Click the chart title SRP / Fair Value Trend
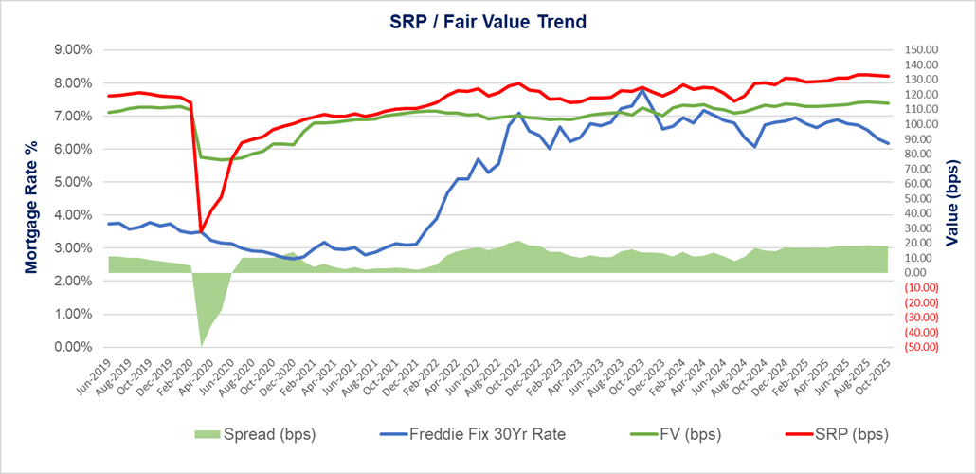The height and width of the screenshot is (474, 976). point(487,21)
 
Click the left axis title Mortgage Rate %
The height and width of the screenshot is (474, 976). point(32,197)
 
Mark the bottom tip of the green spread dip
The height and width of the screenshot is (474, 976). point(201,346)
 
